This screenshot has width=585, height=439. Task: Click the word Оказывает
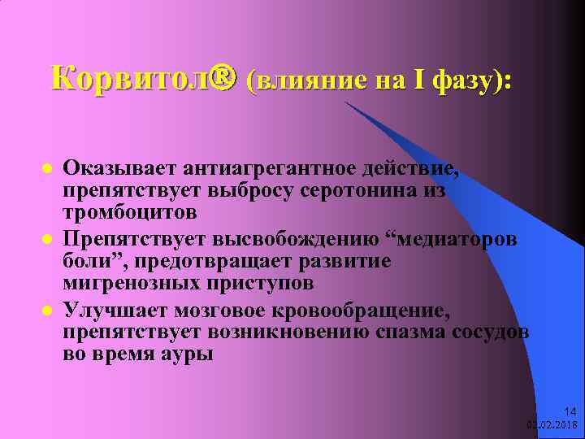coord(120,170)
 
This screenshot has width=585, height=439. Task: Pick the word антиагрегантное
coord(264,170)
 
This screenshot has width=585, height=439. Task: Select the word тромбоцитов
coord(130,213)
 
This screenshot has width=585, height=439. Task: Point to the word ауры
coord(188,354)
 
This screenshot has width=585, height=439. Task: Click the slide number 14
coord(568,411)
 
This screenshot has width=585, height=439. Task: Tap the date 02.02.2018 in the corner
coord(552,424)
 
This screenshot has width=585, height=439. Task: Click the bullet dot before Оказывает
coord(48,170)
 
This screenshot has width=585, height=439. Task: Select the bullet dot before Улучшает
coord(48,311)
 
